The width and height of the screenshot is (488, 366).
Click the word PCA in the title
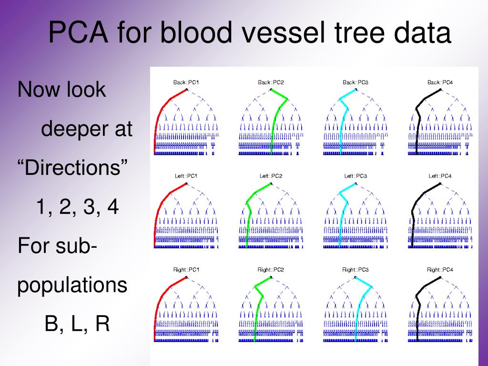tap(79, 32)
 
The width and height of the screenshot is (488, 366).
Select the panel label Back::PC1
tap(186, 82)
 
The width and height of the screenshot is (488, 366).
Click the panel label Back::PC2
tap(271, 82)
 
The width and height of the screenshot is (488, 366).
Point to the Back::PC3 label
tap(356, 82)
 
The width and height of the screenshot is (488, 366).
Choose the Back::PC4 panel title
tap(440, 82)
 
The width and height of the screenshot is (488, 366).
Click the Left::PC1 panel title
tap(186, 176)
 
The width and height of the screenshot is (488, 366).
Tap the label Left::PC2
tap(271, 176)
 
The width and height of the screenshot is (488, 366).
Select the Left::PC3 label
tap(356, 176)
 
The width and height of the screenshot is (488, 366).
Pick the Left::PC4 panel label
tap(440, 176)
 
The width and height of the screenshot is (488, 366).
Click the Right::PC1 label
tap(186, 270)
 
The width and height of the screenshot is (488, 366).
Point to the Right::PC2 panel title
tap(271, 270)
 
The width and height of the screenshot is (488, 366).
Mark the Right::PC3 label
tap(356, 270)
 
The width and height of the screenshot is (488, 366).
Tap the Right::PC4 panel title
tap(440, 270)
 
